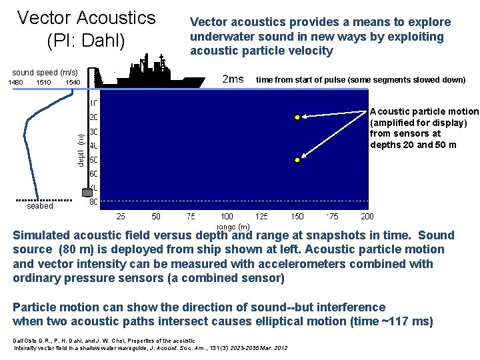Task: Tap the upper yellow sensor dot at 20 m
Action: point(297,118)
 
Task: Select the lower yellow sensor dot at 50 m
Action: point(297,160)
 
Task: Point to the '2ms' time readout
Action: point(232,80)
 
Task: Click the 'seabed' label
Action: point(40,207)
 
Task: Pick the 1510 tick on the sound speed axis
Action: point(44,83)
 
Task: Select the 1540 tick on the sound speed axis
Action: point(73,83)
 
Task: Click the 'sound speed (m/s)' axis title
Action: point(45,72)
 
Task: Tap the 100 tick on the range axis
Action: point(227,216)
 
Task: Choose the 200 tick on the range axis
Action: point(367,216)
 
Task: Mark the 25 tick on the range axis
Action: point(121,216)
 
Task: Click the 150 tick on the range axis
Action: point(297,216)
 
